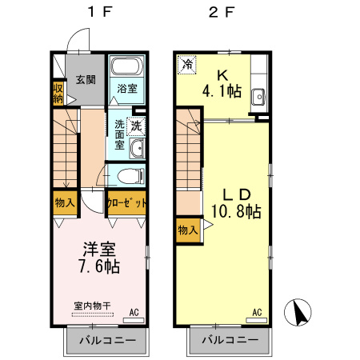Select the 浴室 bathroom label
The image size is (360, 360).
click(126, 89)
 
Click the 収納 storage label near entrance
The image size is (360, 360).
click(58, 93)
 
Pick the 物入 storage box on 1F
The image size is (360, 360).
click(65, 202)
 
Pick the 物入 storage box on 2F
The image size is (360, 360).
click(187, 230)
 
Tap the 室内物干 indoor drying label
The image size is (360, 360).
click(93, 305)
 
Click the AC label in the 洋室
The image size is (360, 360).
click(134, 313)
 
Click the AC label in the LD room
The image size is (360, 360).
click(257, 313)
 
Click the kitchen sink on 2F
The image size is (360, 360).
click(260, 98)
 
